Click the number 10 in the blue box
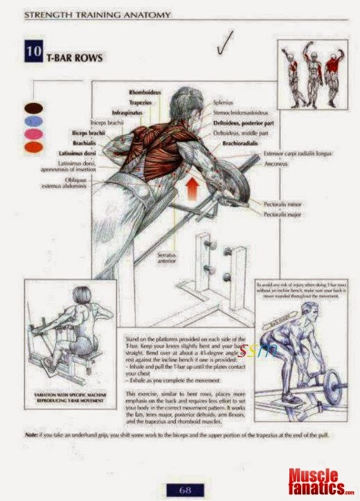[33, 53]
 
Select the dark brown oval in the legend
[32, 109]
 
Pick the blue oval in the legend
[32, 121]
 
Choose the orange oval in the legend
[32, 147]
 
